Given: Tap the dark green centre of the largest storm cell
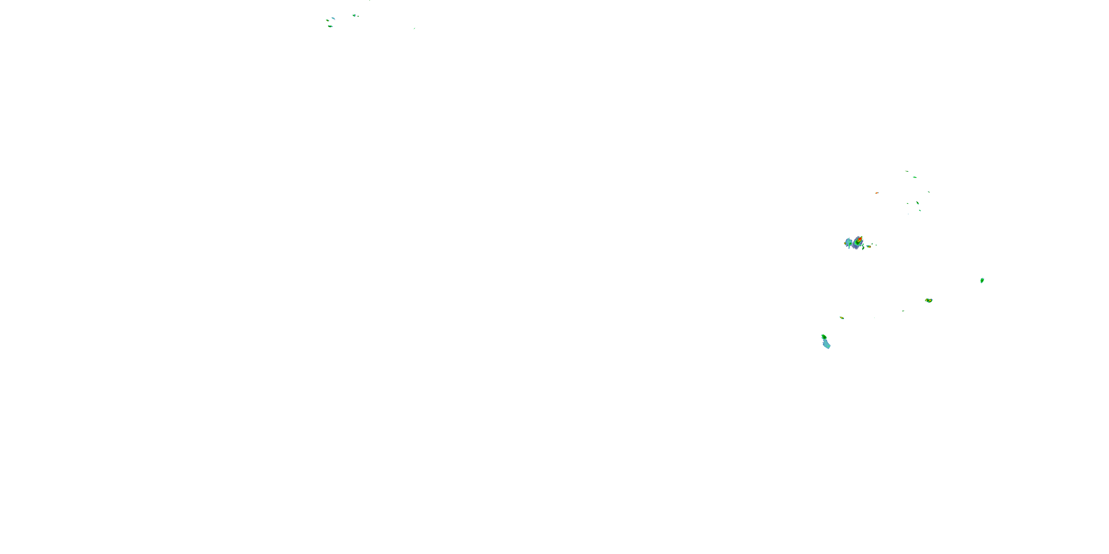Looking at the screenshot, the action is pos(857,243).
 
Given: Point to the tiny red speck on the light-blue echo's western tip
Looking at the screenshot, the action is pos(845,243).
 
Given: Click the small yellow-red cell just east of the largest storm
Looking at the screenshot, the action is pos(869,246).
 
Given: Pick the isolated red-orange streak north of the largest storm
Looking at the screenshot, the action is pos(876,193).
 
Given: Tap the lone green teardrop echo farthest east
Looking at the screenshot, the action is pos(982,280).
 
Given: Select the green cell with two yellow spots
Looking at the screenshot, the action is pos(929,300).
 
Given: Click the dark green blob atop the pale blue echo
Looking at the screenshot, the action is pos(824,337).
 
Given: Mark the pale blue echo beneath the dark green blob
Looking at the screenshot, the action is pos(826,344).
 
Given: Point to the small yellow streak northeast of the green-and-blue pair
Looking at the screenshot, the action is pos(842,318).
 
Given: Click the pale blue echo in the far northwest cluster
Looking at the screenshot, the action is pos(333,18).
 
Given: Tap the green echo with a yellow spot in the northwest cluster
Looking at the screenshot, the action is pos(328,20).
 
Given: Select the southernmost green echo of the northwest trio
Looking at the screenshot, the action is pos(330,26).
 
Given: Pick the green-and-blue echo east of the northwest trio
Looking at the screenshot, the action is pos(354,16).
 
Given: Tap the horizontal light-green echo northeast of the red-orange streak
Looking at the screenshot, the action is pos(915,177).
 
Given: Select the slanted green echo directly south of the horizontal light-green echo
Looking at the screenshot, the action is pos(918,203).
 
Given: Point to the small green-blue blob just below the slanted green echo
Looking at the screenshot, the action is pos(920,210).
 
